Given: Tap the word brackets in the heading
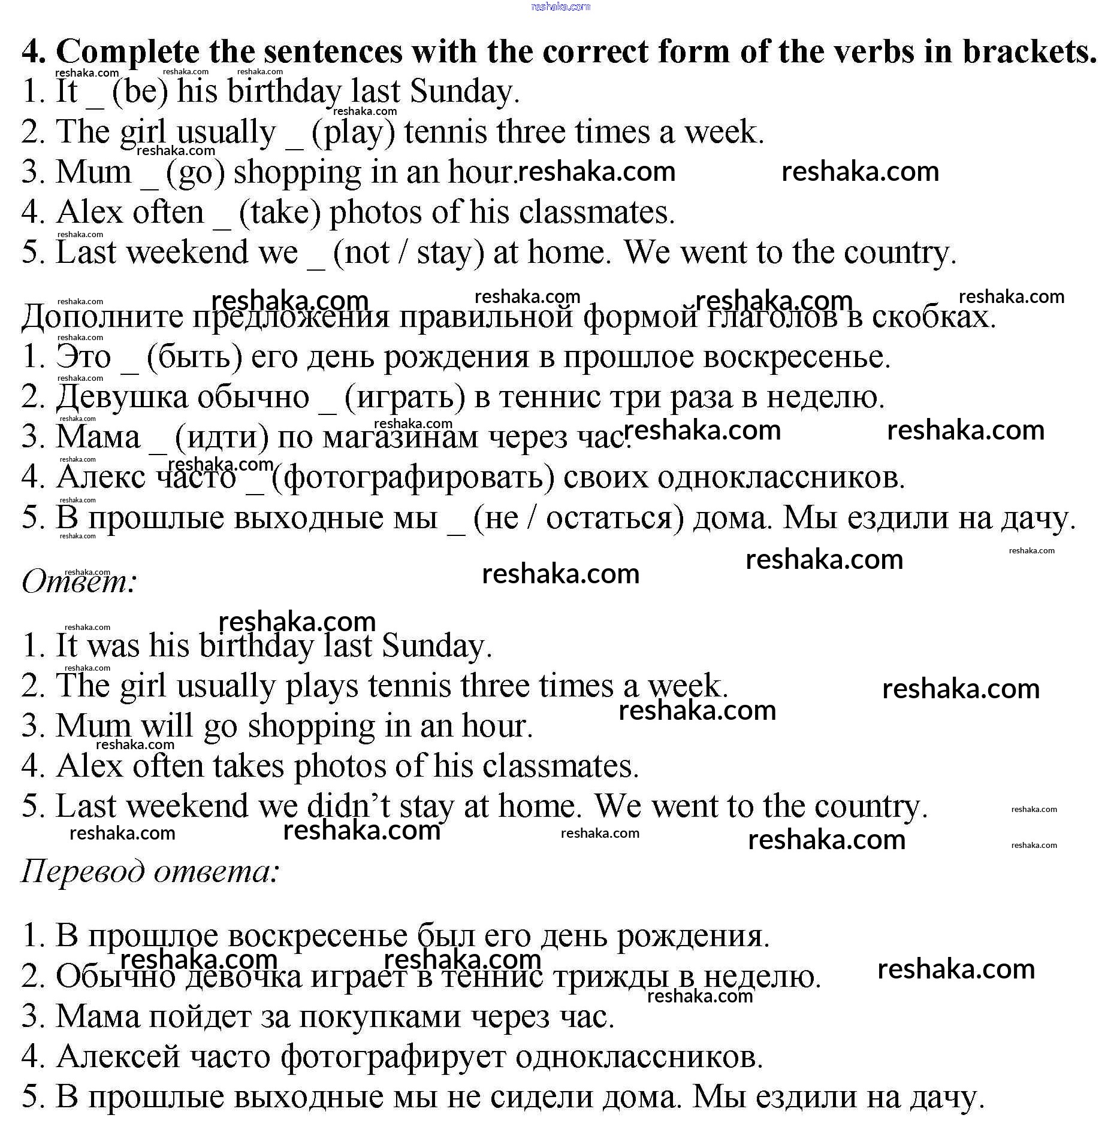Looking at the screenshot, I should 1030,52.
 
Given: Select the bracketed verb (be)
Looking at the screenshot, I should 140,92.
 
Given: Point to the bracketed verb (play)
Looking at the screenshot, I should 353,132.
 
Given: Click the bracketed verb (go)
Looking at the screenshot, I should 195,172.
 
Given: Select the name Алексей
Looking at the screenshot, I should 118,1056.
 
